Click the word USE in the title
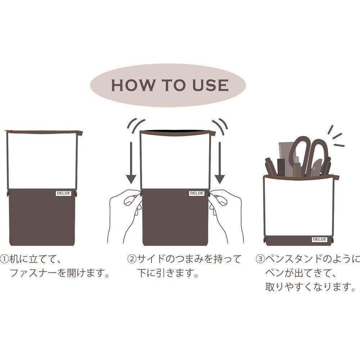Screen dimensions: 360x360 (210, 85)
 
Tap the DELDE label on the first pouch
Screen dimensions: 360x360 (64, 193)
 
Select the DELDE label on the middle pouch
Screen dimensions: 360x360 (197, 193)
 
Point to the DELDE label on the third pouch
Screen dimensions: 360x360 (320, 239)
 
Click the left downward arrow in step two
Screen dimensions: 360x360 (131, 163)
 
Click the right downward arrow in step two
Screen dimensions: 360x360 (220, 163)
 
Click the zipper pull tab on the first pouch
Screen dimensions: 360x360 (79, 133)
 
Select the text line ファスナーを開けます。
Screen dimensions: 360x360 (59, 273)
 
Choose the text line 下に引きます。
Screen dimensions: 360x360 (168, 273)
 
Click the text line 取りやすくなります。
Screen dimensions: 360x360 (310, 287)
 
